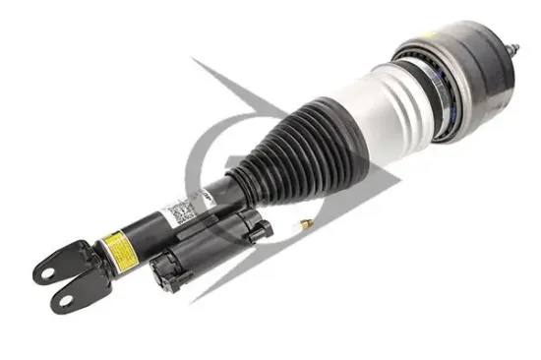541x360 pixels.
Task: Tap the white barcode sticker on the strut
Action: (178, 209)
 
